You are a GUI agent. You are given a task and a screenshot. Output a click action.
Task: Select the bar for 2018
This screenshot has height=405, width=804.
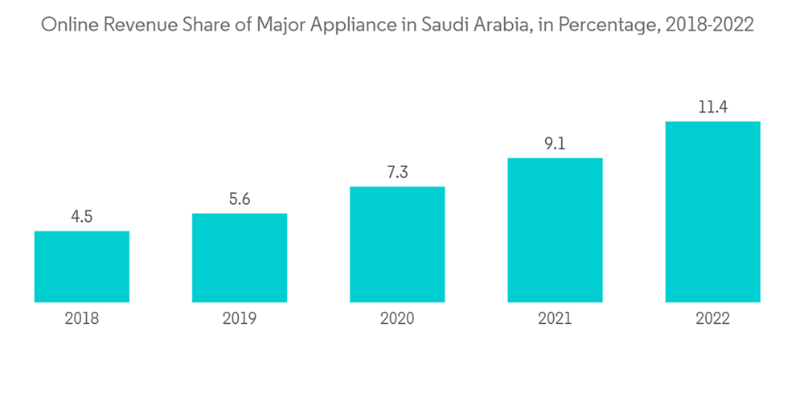82,267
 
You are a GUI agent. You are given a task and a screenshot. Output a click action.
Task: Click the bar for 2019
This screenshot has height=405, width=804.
240,258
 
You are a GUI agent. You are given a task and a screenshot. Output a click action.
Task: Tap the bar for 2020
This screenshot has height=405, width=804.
397,244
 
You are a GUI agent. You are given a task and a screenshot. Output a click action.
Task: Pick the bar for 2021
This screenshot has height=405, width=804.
555,230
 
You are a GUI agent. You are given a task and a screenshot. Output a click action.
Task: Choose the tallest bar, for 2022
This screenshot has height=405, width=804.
712,212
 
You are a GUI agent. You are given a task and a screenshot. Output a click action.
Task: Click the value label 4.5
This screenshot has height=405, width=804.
82,217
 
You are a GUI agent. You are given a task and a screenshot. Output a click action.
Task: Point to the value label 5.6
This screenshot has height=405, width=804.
240,199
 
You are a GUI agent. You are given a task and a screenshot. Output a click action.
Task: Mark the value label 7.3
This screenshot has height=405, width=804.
397,173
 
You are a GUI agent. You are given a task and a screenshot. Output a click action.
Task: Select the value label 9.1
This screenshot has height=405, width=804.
555,144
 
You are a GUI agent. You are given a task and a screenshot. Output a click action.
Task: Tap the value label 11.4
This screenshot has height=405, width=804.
712,107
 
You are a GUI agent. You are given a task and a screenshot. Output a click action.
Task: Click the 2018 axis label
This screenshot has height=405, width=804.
82,319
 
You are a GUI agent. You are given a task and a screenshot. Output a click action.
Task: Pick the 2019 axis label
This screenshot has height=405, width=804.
240,319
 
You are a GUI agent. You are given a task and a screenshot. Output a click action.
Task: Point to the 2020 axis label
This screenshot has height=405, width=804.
397,319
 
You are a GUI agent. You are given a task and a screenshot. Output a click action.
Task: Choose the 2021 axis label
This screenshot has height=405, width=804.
555,319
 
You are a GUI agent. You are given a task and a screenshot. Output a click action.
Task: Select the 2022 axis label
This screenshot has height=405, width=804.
712,319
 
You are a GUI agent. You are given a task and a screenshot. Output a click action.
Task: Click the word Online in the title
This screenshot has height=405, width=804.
67,25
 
